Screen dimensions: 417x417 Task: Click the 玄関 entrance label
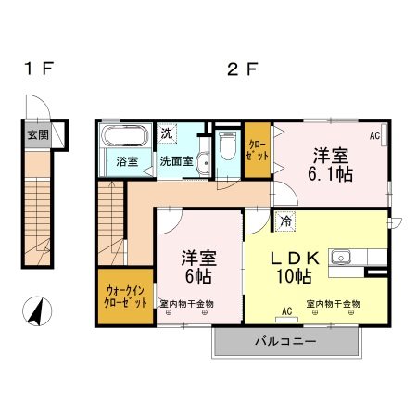click(37, 134)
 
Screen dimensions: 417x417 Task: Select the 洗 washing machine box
click(167, 133)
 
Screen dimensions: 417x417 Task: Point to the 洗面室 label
click(176, 160)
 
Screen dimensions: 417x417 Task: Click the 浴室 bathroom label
click(127, 160)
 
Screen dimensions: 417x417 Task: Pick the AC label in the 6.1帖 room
click(374, 135)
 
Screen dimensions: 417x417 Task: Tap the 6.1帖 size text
click(331, 173)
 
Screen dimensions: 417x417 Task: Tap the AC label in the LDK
click(287, 310)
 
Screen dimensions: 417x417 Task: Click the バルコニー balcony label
click(286, 341)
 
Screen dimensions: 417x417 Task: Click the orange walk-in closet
click(123, 297)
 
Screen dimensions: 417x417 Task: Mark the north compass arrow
click(37, 310)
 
